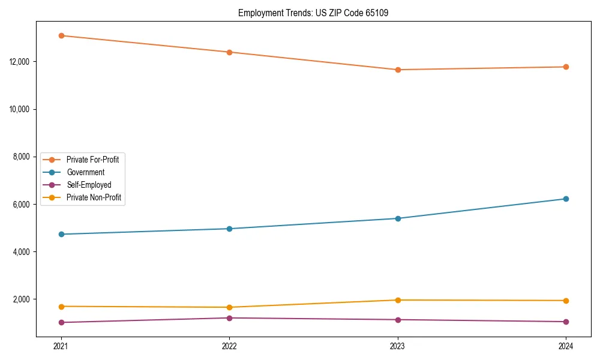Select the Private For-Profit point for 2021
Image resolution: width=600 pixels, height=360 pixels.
click(61, 35)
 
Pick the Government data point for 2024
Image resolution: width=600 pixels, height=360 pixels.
click(566, 199)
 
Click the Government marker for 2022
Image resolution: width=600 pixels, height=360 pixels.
click(229, 229)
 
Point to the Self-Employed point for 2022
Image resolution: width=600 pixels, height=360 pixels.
click(229, 318)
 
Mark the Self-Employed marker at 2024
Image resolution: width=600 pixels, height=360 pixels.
click(566, 322)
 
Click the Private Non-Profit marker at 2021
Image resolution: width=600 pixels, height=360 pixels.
click(61, 307)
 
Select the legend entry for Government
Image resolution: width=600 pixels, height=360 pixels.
click(85, 172)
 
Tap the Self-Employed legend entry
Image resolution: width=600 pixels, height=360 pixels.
click(89, 185)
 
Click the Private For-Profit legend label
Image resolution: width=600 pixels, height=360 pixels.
click(92, 160)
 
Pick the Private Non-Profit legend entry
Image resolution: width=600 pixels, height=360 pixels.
click(94, 197)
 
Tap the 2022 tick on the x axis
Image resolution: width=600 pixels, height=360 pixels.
click(229, 346)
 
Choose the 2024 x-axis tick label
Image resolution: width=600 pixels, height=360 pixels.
click(566, 346)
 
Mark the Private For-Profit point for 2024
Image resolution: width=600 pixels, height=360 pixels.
click(566, 67)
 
